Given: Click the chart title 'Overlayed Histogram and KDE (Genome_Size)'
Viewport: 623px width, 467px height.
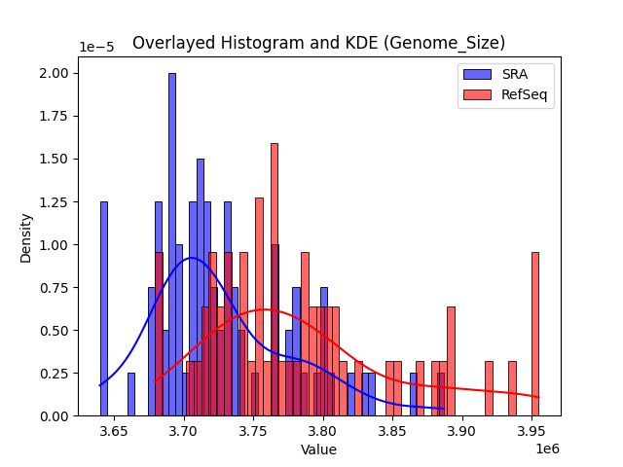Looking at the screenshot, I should (318, 43).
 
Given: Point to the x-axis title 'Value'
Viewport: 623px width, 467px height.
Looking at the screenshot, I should (318, 449).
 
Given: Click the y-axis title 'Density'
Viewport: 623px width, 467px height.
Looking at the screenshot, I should (26, 236).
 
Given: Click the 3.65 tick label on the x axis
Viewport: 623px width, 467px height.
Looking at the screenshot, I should (114, 430).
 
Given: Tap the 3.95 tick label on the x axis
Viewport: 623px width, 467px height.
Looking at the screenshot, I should (531, 430).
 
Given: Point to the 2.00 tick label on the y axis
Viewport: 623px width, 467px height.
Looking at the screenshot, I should (55, 73).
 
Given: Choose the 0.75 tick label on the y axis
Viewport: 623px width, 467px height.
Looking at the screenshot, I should (55, 287).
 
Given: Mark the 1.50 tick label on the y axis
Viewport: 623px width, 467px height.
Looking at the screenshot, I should (55, 159).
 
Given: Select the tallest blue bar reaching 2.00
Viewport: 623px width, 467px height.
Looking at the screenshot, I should (172, 243).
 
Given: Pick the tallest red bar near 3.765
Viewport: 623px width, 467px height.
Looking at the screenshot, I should (275, 282).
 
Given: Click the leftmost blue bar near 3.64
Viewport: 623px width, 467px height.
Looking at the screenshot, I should (104, 311).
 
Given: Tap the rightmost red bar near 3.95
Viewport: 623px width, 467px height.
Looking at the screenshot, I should (535, 336).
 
